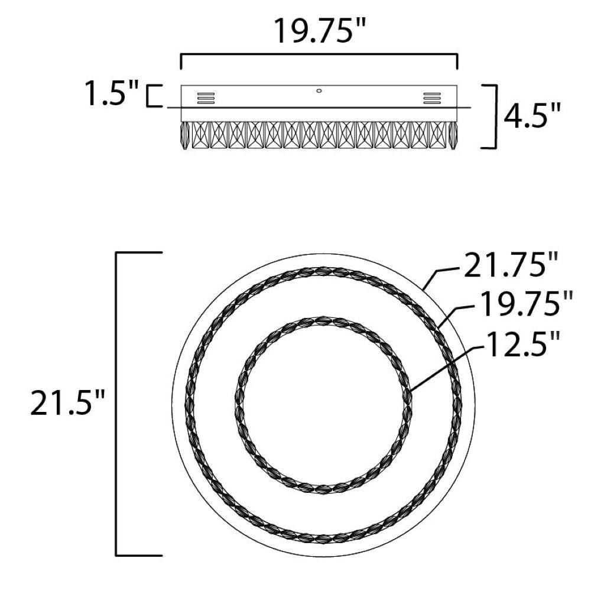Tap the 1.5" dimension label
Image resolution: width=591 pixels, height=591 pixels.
[112, 93]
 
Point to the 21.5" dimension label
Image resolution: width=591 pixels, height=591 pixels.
[67, 402]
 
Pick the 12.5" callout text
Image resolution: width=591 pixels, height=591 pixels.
[521, 344]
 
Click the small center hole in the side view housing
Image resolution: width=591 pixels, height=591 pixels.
[319, 91]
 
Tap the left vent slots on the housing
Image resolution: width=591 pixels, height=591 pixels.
[206, 98]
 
